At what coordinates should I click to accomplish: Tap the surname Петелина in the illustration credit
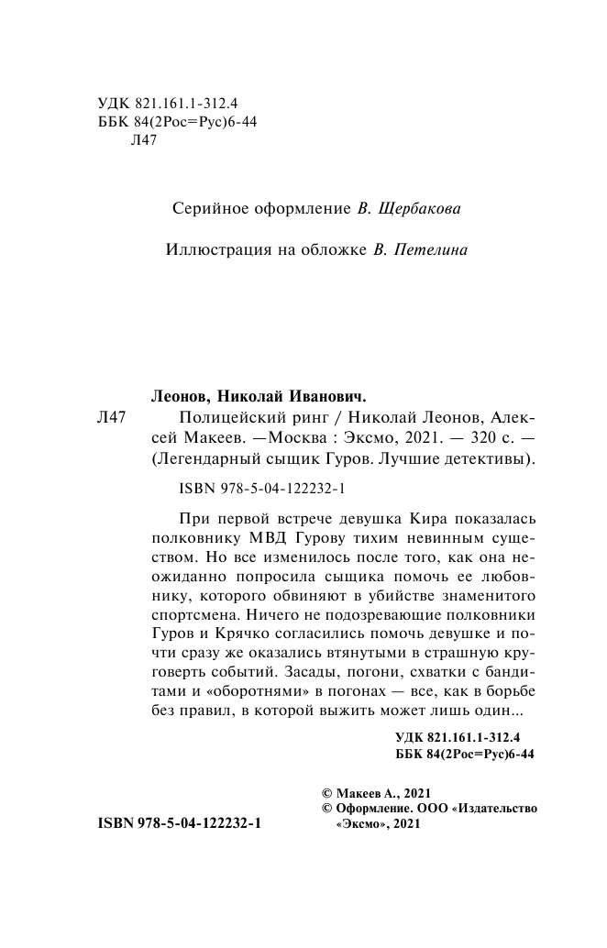coord(430,248)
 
